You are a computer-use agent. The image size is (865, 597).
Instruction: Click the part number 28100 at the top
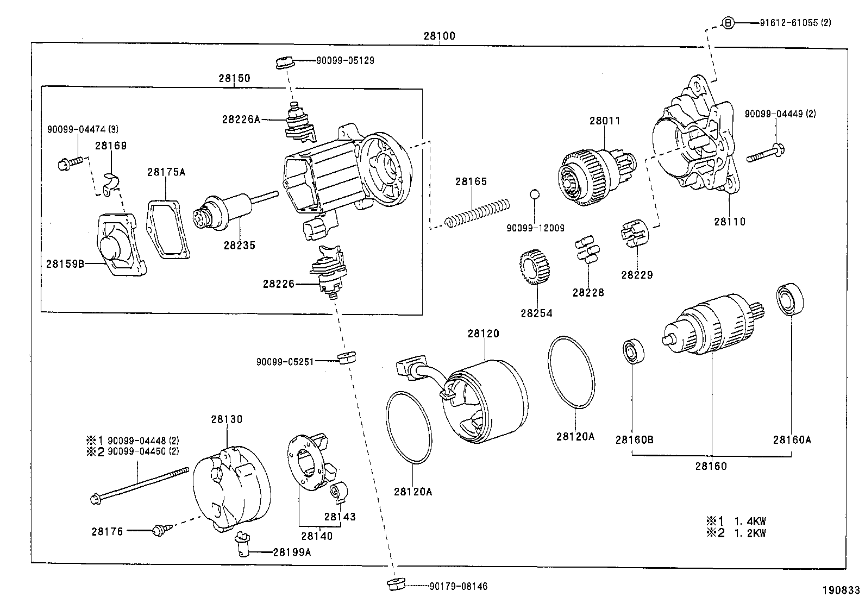(x=440, y=36)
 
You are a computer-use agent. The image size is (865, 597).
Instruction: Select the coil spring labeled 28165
(x=478, y=213)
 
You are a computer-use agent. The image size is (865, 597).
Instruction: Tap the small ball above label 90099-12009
(x=534, y=194)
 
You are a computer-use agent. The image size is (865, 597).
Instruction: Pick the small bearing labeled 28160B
(x=632, y=351)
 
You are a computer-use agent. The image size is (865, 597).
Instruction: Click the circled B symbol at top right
(x=728, y=22)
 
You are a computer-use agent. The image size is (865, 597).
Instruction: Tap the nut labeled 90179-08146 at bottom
(x=394, y=586)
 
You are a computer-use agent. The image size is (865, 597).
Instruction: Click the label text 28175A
(x=166, y=172)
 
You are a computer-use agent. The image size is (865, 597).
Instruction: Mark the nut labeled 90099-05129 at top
(x=285, y=61)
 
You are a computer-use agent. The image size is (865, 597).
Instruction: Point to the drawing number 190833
(x=841, y=590)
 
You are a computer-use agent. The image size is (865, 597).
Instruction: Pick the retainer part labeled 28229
(x=634, y=235)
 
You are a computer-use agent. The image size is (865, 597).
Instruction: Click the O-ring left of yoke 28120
(x=409, y=428)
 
